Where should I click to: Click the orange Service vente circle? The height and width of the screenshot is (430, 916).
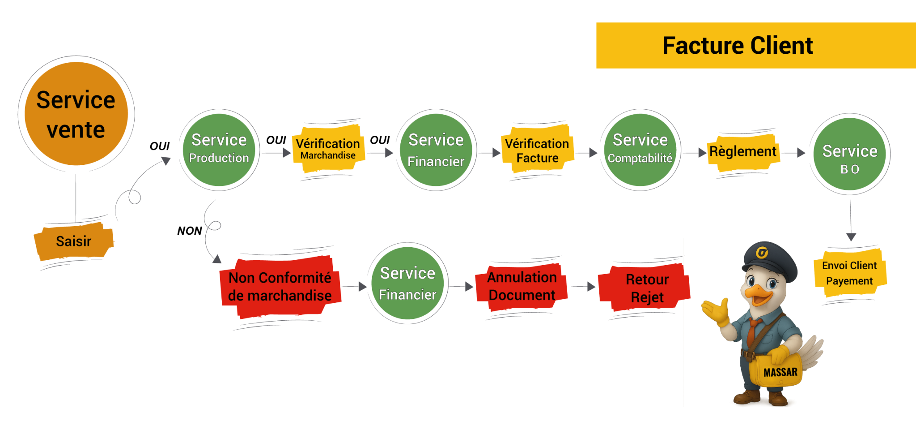(x=76, y=114)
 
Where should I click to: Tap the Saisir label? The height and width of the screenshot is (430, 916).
(x=74, y=241)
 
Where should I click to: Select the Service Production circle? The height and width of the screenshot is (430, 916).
(x=219, y=150)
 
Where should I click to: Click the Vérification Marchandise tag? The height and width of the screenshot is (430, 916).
(x=328, y=149)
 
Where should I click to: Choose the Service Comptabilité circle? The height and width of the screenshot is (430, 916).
(x=640, y=150)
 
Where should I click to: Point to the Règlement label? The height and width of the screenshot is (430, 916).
(x=743, y=152)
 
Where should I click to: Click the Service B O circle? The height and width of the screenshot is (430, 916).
(x=850, y=154)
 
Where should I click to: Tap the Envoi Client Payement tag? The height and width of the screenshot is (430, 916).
(x=849, y=273)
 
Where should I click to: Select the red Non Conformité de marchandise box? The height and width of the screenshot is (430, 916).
(x=280, y=287)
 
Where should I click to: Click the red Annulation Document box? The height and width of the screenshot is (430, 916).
(x=522, y=286)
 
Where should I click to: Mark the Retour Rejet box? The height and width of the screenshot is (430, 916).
(x=647, y=288)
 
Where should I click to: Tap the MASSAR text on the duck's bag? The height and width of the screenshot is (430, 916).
(x=780, y=372)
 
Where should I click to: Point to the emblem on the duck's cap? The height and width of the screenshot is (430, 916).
(x=762, y=253)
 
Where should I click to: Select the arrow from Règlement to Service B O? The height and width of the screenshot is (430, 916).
(x=794, y=153)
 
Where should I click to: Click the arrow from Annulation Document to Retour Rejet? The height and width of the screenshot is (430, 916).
(x=583, y=286)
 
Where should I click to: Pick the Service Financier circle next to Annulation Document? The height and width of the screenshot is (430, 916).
(x=407, y=283)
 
